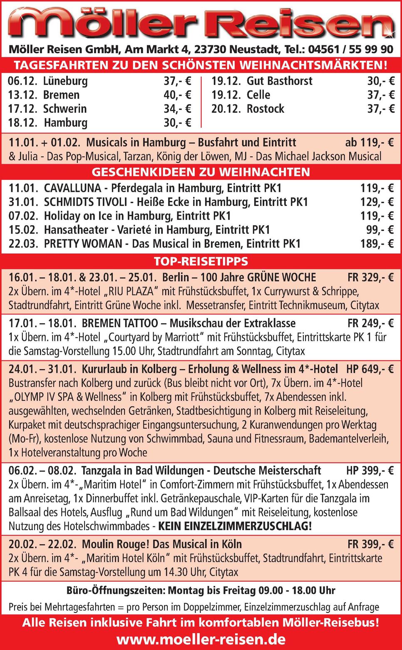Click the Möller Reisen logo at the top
[x=201, y=23]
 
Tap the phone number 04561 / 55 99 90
[x=350, y=50]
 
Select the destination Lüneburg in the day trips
[x=65, y=81]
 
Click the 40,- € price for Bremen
[x=177, y=95]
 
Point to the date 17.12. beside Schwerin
[x=22, y=109]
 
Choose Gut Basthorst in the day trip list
[x=279, y=81]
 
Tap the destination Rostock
[x=266, y=109]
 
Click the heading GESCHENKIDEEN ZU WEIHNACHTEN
[x=201, y=172]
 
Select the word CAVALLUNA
[x=72, y=188]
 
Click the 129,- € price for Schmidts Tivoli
[x=377, y=202]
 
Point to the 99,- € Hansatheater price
[x=380, y=230]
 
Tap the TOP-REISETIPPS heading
[x=201, y=261]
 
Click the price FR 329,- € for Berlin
[x=370, y=278]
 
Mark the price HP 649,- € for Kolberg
[x=370, y=369]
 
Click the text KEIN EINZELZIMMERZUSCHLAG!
[x=235, y=526]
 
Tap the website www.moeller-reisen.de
[x=201, y=639]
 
